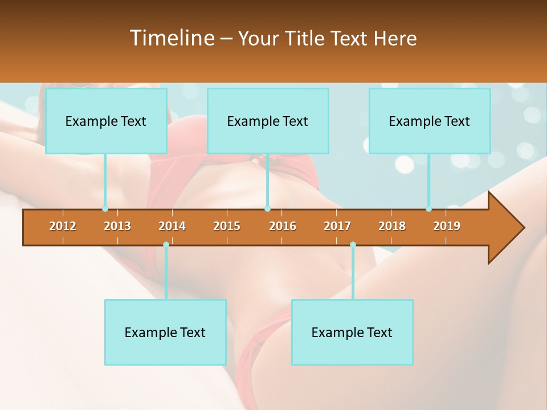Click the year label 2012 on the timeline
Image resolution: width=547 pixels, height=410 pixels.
pos(63,226)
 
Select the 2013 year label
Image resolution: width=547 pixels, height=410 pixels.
pos(117,226)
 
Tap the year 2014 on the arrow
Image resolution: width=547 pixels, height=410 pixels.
pos(172,226)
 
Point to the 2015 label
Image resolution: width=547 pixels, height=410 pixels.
pos(227,226)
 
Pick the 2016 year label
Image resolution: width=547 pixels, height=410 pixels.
pos(283,226)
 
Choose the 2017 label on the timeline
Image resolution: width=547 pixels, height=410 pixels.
pos(337,226)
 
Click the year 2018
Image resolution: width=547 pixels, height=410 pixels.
pos(392,226)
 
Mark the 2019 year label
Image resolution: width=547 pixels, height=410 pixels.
pos(447,226)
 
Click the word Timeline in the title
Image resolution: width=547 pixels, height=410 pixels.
pos(171,38)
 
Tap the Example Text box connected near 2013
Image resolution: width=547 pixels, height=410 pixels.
pos(106,121)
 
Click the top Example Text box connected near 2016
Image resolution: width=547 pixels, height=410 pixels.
pos(268,121)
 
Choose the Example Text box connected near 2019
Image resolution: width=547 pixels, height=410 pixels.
pos(430,121)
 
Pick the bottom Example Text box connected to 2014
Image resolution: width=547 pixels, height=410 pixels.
pos(165,332)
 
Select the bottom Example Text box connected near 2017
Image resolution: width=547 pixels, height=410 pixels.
pos(352,332)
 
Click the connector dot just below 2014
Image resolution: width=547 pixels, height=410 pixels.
pos(166,245)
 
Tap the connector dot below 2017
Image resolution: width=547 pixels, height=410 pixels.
pos(353,245)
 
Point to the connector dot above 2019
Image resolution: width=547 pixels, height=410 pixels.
pos(428,209)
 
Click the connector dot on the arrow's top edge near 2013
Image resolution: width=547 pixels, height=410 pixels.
pos(105,209)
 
